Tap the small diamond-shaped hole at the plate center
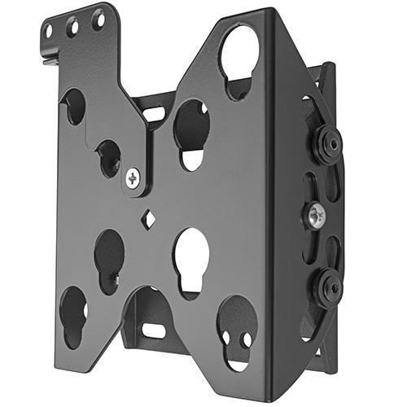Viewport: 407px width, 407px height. (x=148, y=218)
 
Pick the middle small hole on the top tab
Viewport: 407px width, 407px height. (x=73, y=26)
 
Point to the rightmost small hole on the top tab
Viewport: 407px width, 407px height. (x=98, y=17)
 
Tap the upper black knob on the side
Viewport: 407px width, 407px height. (x=327, y=144)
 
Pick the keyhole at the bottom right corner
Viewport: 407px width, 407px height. (x=237, y=326)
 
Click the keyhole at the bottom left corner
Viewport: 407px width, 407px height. (x=74, y=313)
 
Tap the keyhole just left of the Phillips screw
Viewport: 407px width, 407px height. (x=109, y=156)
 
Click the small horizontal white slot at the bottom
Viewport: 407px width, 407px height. (x=154, y=330)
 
